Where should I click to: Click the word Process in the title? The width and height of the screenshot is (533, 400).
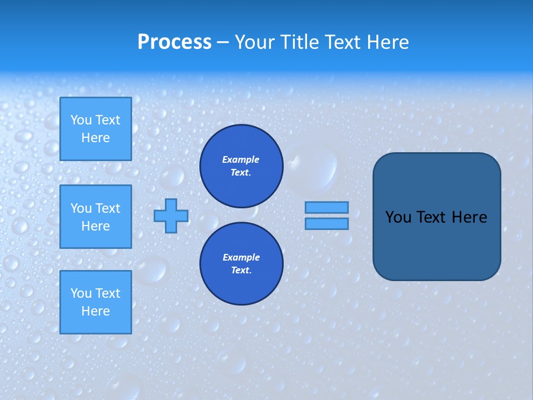pos(174,42)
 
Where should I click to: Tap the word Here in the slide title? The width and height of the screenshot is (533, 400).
pos(386,42)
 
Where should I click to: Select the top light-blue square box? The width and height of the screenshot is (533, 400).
pos(95,129)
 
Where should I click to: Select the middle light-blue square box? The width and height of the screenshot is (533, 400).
pos(95,217)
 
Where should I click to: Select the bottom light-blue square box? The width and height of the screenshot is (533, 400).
pos(95,302)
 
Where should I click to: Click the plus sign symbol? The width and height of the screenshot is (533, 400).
pos(171,216)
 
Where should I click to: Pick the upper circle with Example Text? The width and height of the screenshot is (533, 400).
pos(241,166)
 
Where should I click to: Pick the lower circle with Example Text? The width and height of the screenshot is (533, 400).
pos(241,264)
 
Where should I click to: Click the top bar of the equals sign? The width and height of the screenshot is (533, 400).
pos(326,207)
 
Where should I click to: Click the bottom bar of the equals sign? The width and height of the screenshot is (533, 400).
pos(326,224)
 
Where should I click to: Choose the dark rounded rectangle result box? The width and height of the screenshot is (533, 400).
pos(436,244)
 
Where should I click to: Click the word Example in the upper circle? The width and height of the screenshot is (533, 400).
pos(241,159)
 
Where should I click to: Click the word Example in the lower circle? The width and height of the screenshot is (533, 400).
pos(241,257)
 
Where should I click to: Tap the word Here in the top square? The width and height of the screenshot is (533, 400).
pos(95,138)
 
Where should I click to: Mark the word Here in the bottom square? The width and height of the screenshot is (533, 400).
pos(95,311)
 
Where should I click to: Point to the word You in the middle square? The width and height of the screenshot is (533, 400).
pos(81,208)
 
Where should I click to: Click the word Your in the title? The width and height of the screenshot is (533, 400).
pos(254,42)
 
